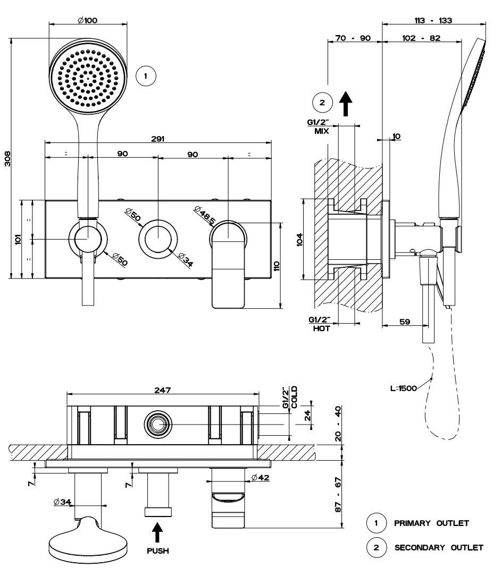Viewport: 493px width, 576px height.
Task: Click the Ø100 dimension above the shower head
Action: (x=87, y=20)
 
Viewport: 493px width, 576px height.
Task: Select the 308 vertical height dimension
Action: (x=8, y=158)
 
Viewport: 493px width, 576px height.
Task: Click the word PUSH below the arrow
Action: (x=158, y=551)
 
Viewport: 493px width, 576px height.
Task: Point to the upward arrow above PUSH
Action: (x=158, y=532)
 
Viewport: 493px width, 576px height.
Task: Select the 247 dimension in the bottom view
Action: (x=162, y=390)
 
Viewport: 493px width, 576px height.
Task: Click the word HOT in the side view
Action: (x=321, y=329)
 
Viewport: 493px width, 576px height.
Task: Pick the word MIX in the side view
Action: (x=321, y=130)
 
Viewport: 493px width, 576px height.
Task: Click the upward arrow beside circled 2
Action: (x=346, y=103)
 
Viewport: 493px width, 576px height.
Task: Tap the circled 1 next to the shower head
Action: (x=146, y=76)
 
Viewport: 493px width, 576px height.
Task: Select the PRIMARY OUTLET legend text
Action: (x=431, y=523)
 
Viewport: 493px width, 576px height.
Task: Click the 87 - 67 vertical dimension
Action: (x=339, y=494)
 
